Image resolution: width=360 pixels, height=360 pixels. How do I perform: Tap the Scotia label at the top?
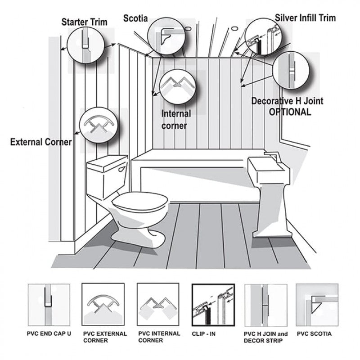(x=135, y=18)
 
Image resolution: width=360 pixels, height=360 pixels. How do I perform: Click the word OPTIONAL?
(x=290, y=112)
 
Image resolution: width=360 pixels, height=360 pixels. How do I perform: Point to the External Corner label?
(x=41, y=142)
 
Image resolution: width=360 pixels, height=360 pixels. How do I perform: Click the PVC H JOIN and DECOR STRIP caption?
(x=265, y=337)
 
